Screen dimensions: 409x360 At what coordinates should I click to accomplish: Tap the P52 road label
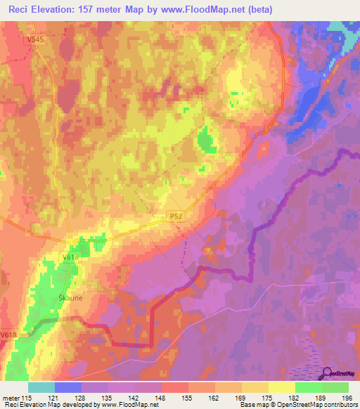click(x=177, y=218)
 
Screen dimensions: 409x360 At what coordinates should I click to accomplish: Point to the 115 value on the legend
click(x=27, y=398)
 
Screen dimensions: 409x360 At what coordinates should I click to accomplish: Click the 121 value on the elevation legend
click(x=56, y=398)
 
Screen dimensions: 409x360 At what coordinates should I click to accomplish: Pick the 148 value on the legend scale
click(x=162, y=398)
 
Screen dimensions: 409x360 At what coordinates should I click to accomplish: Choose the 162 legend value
click(x=215, y=398)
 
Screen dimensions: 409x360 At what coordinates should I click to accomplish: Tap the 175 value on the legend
click(x=269, y=398)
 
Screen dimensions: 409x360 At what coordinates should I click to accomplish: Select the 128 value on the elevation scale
click(x=82, y=398)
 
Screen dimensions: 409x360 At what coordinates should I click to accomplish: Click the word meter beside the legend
click(x=10, y=398)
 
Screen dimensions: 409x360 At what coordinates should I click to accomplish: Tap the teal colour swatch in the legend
click(x=41, y=387)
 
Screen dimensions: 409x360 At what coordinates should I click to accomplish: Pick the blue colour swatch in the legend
click(x=68, y=387)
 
